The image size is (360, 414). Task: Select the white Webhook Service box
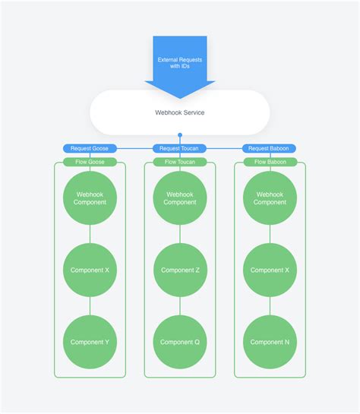tap(180, 113)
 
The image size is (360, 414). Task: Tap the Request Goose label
tap(90, 149)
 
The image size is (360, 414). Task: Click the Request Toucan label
tap(180, 149)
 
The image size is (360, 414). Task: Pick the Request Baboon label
tap(270, 149)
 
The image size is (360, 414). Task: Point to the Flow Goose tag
tap(90, 162)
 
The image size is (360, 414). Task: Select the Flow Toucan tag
tap(180, 162)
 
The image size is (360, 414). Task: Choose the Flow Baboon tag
tap(270, 162)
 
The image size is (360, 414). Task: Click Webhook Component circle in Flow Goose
tap(90, 198)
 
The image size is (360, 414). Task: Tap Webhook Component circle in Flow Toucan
tap(180, 198)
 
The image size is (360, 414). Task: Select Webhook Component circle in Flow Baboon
tap(270, 198)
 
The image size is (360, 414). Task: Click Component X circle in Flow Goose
tap(90, 270)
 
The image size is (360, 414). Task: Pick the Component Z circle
tap(180, 270)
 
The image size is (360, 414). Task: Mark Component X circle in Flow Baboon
tap(270, 270)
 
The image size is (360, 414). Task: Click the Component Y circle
tap(90, 342)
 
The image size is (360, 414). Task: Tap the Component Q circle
tap(180, 342)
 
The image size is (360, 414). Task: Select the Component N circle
tap(270, 342)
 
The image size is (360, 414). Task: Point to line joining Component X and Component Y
tap(90, 306)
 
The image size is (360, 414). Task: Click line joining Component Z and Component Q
tap(180, 306)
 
